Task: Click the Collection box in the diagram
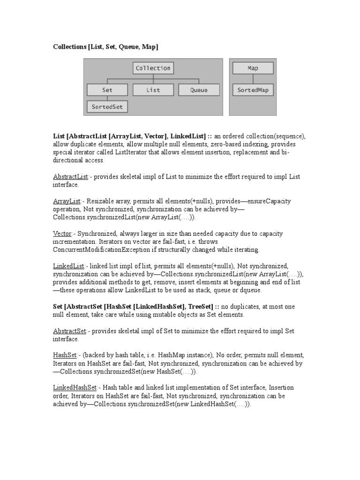tap(153, 68)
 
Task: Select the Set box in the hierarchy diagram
tap(107, 90)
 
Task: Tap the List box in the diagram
tap(153, 90)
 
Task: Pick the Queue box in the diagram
tap(199, 90)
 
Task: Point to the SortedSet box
tap(107, 107)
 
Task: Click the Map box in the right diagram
tap(253, 68)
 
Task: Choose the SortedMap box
tap(253, 90)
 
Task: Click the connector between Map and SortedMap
tap(253, 79)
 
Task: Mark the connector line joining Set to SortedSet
tap(107, 98)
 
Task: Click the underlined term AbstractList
tap(70, 177)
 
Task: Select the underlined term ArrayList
tap(67, 201)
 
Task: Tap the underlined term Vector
tap(62, 233)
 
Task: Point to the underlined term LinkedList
tap(68, 266)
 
